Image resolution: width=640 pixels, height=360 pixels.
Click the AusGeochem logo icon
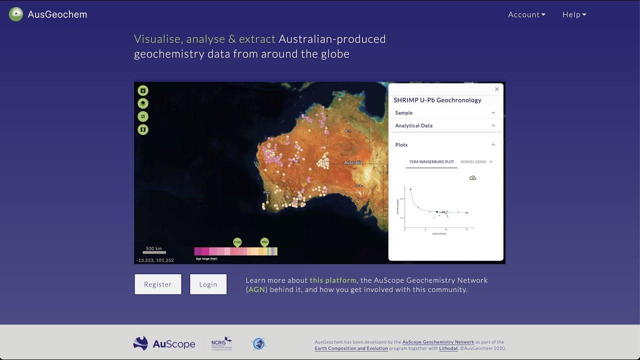(16, 14)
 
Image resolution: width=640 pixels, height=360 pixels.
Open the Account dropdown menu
(526, 14)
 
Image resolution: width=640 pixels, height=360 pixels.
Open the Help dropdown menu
(574, 14)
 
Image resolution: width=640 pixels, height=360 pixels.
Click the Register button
(158, 284)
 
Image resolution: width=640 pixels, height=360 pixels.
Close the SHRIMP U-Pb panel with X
(497, 89)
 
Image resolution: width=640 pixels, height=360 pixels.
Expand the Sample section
(445, 113)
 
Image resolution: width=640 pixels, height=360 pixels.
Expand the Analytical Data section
(445, 125)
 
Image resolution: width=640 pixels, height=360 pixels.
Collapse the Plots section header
(445, 145)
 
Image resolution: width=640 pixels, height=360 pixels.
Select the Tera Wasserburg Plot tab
(431, 162)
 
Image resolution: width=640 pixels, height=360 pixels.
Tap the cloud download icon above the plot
(473, 178)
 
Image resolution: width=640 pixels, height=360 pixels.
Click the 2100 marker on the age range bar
(237, 242)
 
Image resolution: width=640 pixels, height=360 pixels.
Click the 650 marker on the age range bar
(264, 242)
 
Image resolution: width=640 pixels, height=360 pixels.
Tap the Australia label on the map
(353, 162)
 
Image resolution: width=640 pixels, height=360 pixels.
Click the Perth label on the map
(267, 192)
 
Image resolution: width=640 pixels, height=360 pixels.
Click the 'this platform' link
(333, 280)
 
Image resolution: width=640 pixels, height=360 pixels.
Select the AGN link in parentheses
(256, 289)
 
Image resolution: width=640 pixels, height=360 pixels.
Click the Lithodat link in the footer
(448, 348)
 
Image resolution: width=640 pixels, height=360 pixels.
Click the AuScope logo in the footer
(164, 343)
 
